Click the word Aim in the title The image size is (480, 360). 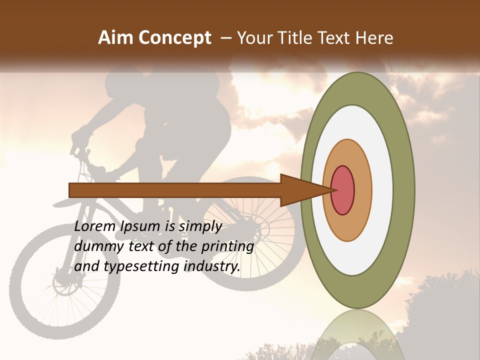click(x=116, y=37)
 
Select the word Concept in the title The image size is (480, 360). click(x=174, y=37)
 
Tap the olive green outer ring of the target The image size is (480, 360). click(x=404, y=190)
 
